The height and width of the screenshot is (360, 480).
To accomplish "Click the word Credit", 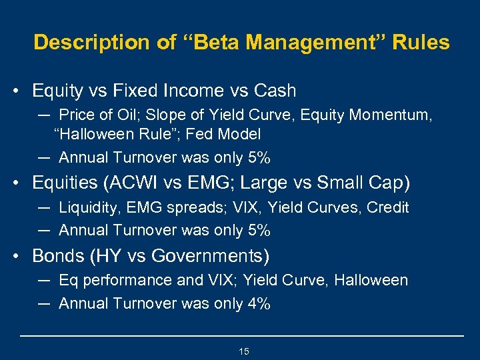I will tap(387, 207).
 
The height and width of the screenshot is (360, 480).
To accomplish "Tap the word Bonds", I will tap(55, 255).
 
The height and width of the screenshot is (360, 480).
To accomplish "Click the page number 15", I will tap(243, 351).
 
